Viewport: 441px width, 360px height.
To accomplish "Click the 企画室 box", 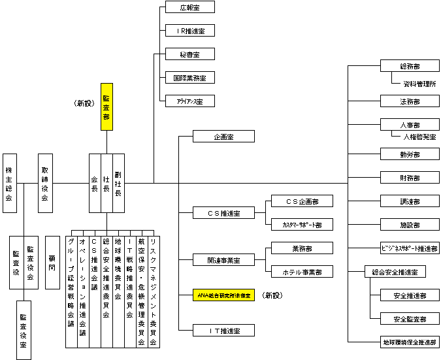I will [x=223, y=137].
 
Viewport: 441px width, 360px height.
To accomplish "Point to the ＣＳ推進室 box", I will [x=223, y=213].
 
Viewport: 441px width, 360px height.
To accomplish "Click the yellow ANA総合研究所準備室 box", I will [x=223, y=295].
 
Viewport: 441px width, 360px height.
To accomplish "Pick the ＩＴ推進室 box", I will [x=223, y=331].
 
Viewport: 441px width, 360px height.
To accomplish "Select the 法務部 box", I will [x=410, y=101].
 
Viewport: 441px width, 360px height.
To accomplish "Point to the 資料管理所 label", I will [x=419, y=84].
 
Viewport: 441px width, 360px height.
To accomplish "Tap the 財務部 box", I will [x=410, y=178].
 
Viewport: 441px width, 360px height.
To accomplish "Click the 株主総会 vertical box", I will [x=9, y=184].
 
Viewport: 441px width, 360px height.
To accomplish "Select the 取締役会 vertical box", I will [x=45, y=184].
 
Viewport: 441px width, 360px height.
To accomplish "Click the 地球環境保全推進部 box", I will [x=410, y=342].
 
